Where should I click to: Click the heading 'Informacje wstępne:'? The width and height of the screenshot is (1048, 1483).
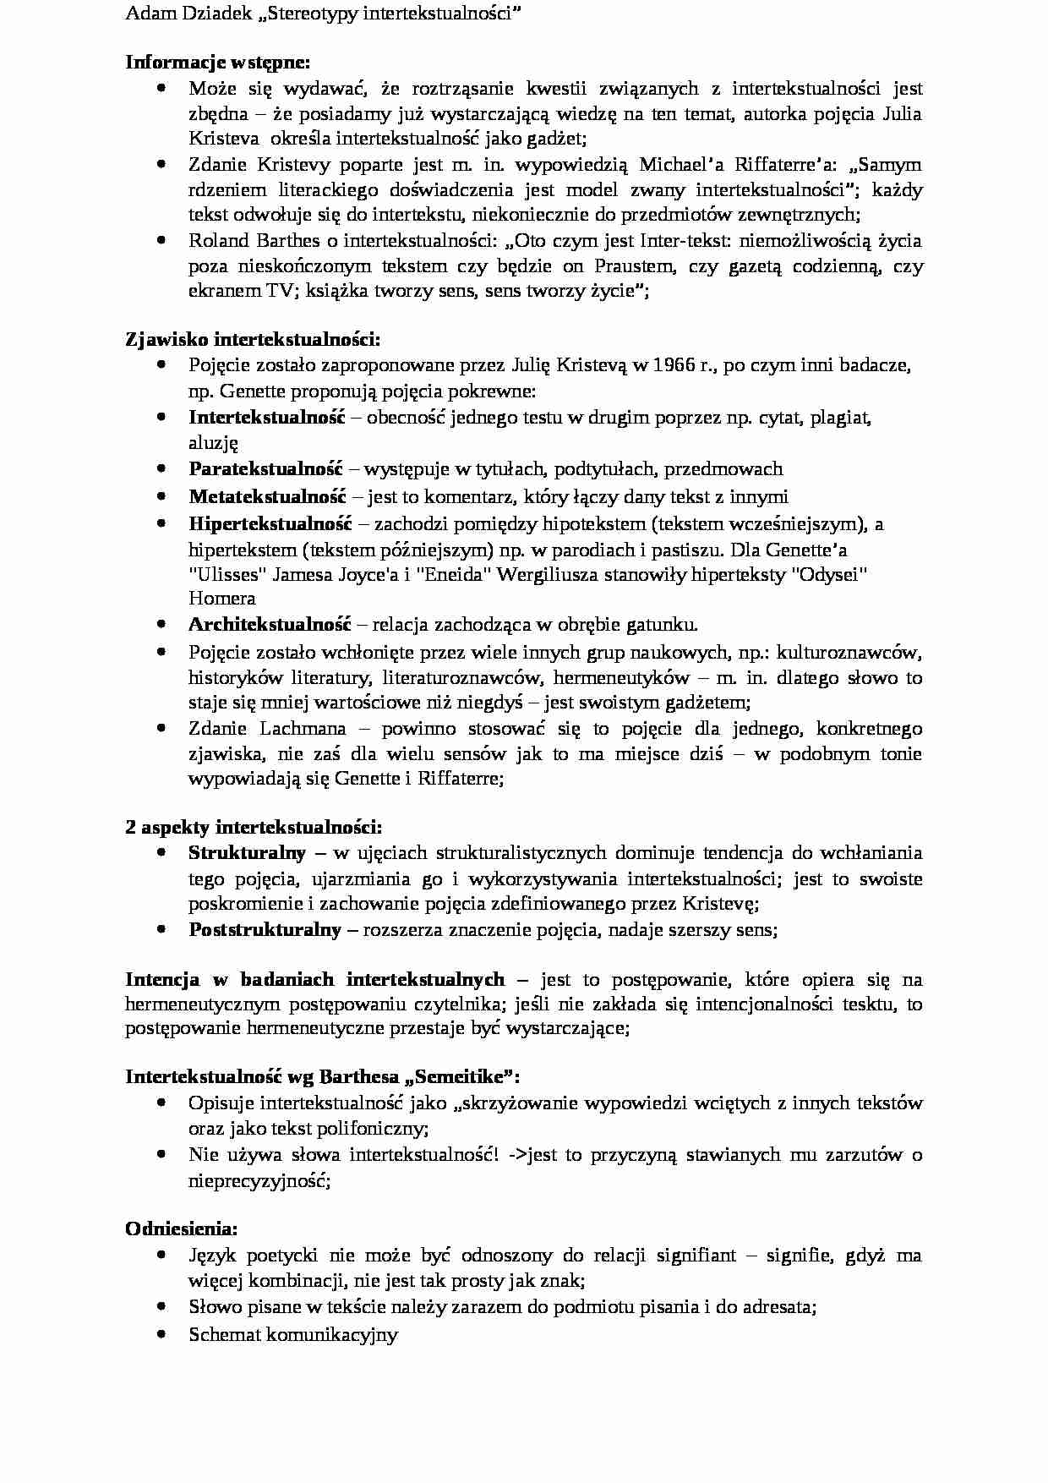(x=218, y=63)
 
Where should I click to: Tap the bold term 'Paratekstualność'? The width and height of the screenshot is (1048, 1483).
(x=265, y=469)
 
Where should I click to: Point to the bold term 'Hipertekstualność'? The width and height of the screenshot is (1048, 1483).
(x=270, y=523)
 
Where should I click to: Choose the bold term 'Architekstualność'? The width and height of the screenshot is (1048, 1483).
(x=269, y=625)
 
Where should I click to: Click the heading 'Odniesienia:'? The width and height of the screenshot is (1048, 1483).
(x=182, y=1229)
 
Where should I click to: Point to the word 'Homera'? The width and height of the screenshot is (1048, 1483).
(x=221, y=599)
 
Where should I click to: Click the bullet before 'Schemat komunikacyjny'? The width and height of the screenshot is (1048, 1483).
(x=161, y=1334)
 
